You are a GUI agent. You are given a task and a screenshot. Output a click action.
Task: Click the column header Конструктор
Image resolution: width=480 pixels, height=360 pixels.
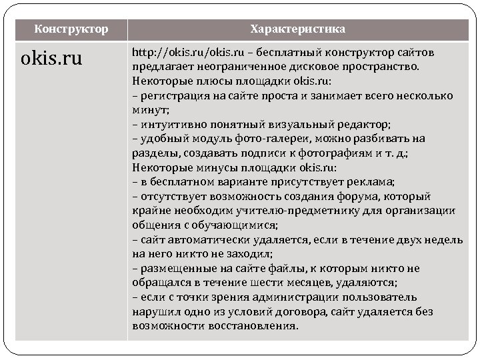point(70,29)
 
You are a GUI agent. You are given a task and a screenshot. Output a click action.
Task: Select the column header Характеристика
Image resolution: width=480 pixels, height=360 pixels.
point(297,29)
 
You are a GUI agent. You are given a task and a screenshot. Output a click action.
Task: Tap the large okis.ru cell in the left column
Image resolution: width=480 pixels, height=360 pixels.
point(52,59)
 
